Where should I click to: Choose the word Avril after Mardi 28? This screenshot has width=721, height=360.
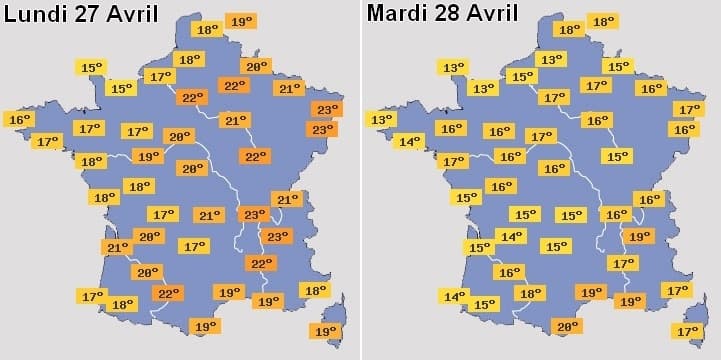tap(495, 13)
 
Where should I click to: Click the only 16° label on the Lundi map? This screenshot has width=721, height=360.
tap(20, 120)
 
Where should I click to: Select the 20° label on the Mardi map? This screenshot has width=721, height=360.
tap(568, 326)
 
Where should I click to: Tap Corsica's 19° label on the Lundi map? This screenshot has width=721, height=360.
tap(325, 331)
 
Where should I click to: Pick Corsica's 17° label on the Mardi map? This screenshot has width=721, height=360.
tap(688, 331)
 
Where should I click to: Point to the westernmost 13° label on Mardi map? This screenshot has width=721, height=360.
tap(381, 120)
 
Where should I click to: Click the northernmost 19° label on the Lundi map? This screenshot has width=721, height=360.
tap(241, 21)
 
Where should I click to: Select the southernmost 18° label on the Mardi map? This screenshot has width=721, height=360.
tap(530, 293)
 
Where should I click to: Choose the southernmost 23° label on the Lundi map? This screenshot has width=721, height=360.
tap(277, 237)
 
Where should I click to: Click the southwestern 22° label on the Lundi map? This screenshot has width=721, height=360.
tap(167, 293)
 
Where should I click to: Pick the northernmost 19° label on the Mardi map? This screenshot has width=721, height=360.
tap(637, 237)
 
